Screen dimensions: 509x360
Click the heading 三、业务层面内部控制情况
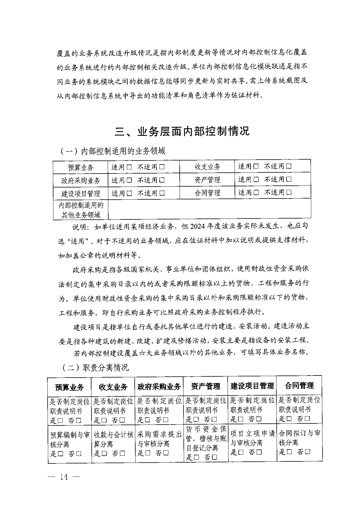click(182, 131)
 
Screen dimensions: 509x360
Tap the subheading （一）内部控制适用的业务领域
click(113, 151)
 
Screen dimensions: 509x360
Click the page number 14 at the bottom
click(64, 477)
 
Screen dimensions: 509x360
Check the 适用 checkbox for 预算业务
click(129, 167)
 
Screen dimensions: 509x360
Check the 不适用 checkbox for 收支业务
click(289, 166)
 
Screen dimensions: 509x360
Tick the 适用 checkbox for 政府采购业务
click(129, 180)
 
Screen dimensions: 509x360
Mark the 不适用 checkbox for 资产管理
click(289, 179)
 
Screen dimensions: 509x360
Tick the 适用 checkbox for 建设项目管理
click(129, 193)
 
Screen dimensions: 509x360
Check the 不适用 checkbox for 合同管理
click(289, 192)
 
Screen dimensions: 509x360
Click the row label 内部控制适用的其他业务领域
click(81, 210)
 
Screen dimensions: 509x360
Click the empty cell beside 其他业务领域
click(209, 209)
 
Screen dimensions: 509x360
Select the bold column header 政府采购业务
click(159, 387)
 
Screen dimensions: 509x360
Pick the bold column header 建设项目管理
click(252, 386)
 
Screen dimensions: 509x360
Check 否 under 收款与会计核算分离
click(122, 453)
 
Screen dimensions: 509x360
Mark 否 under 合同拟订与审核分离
click(308, 452)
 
